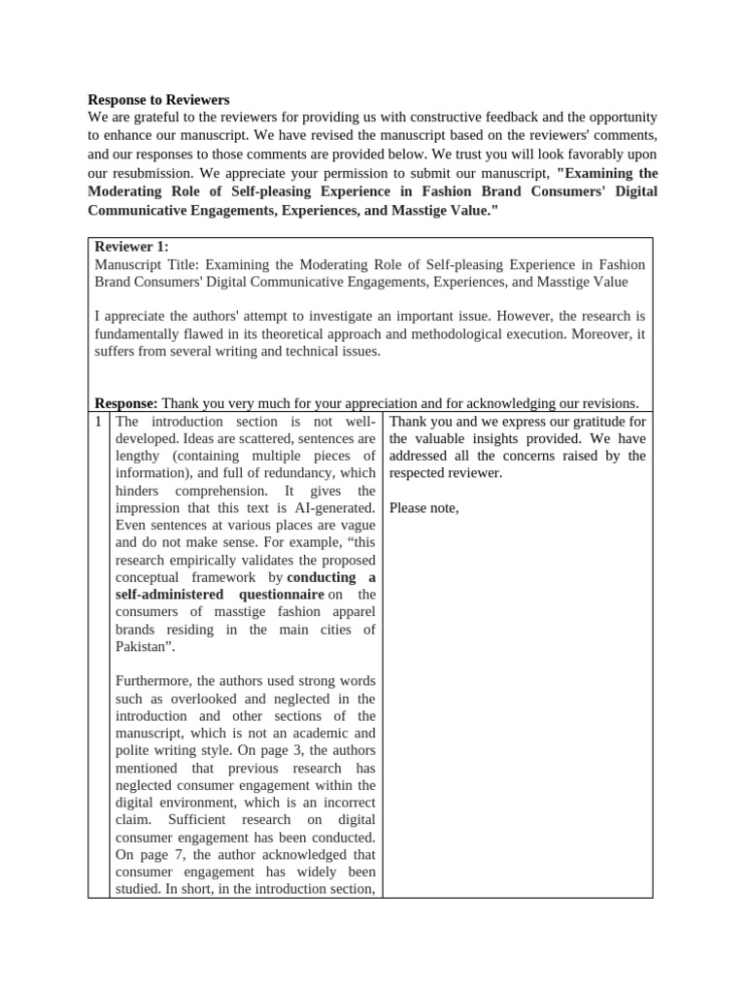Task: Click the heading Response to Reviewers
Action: [x=158, y=99]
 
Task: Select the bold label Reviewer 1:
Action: [x=131, y=247]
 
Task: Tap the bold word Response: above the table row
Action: [x=125, y=403]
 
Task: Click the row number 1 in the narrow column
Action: [x=98, y=421]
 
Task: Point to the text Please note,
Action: [x=424, y=508]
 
